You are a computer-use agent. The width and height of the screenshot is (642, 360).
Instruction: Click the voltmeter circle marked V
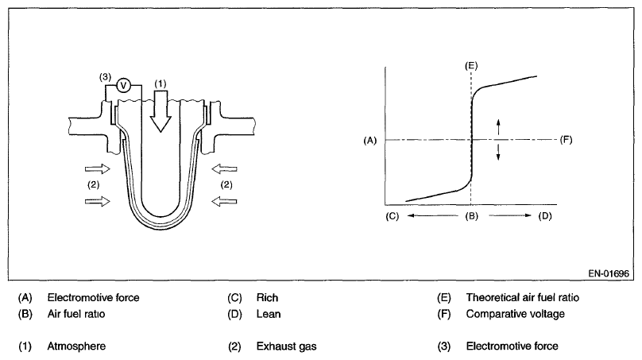tap(123, 86)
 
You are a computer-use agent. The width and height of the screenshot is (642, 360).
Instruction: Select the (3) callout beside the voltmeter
tap(104, 77)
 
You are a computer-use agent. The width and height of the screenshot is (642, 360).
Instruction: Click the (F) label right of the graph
tap(567, 140)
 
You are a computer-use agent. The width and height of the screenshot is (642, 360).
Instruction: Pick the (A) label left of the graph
tap(368, 140)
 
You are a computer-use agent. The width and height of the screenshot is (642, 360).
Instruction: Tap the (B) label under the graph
tap(471, 215)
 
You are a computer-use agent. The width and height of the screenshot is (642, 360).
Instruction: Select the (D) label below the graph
tap(544, 215)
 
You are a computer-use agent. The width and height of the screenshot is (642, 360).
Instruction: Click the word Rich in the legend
tap(267, 298)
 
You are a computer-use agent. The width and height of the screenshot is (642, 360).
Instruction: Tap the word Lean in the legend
tap(269, 313)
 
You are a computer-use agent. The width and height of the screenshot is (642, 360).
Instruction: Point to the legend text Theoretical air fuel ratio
tap(522, 298)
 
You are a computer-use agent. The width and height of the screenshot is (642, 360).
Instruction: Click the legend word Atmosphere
tap(76, 346)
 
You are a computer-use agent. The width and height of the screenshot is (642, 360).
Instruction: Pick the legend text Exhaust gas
tap(284, 346)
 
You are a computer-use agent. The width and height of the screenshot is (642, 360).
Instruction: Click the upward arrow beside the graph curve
tap(499, 126)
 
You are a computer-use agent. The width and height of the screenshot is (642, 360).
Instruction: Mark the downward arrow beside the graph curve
tap(499, 153)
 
